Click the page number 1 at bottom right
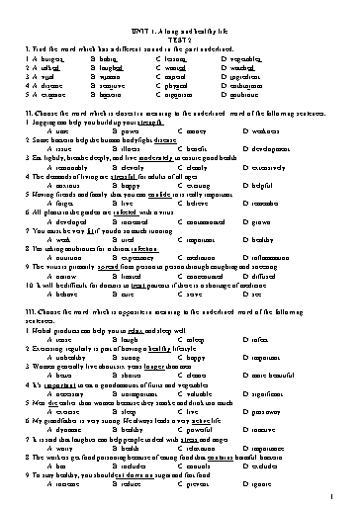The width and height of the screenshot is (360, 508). pos(337,497)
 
